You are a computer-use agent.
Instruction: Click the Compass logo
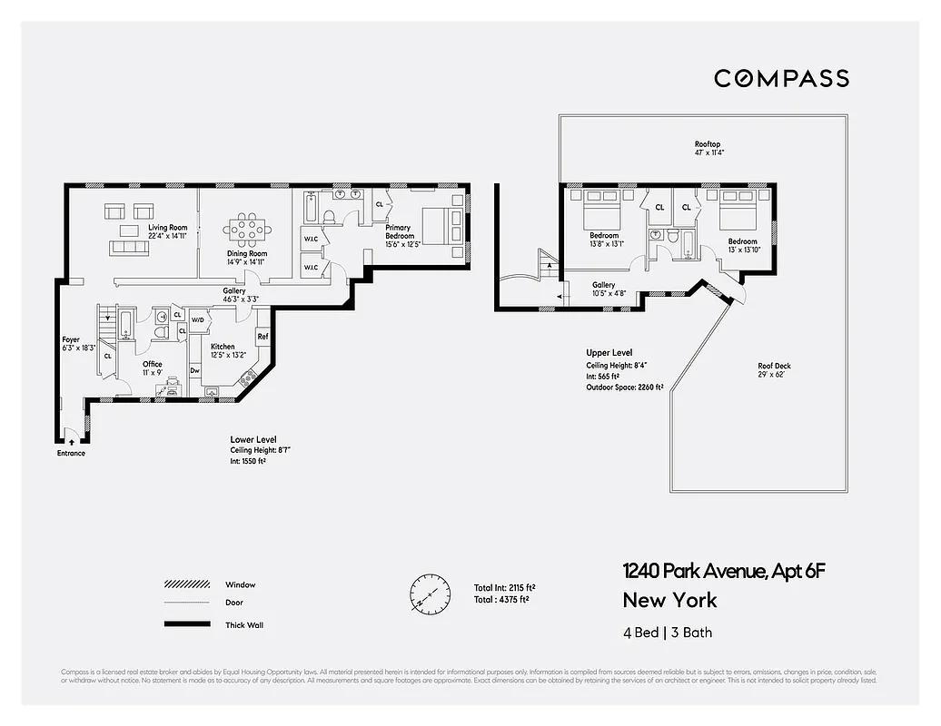[x=781, y=79]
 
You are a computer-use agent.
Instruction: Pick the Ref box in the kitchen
[x=262, y=337]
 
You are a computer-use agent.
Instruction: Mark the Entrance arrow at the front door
[x=71, y=441]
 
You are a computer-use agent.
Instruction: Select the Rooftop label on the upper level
[x=708, y=144]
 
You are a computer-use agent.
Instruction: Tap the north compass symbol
[x=430, y=593]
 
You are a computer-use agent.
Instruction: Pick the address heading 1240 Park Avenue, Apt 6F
[x=724, y=571]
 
